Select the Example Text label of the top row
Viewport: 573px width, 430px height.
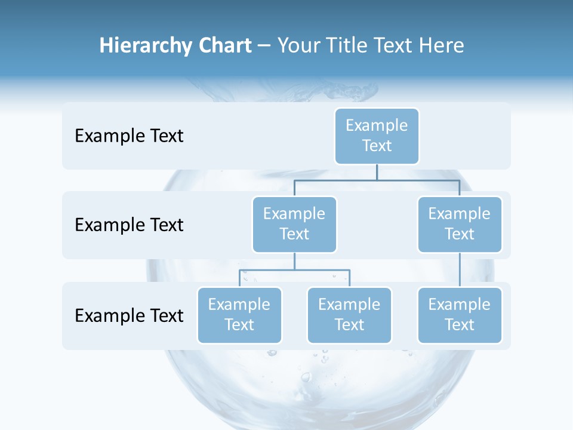click(129, 136)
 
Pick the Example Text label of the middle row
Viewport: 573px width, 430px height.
click(129, 225)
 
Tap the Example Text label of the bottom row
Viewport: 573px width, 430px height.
click(129, 315)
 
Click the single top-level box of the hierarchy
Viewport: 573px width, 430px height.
click(377, 136)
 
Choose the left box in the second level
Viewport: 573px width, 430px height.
click(294, 224)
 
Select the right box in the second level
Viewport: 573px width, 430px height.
click(460, 224)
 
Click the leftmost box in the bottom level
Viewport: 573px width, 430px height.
click(239, 315)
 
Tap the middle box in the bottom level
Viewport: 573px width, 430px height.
click(349, 315)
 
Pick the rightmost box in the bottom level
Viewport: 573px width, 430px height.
click(460, 315)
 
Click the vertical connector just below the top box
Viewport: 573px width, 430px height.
click(377, 172)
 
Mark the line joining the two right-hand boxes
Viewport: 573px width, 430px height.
click(460, 269)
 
